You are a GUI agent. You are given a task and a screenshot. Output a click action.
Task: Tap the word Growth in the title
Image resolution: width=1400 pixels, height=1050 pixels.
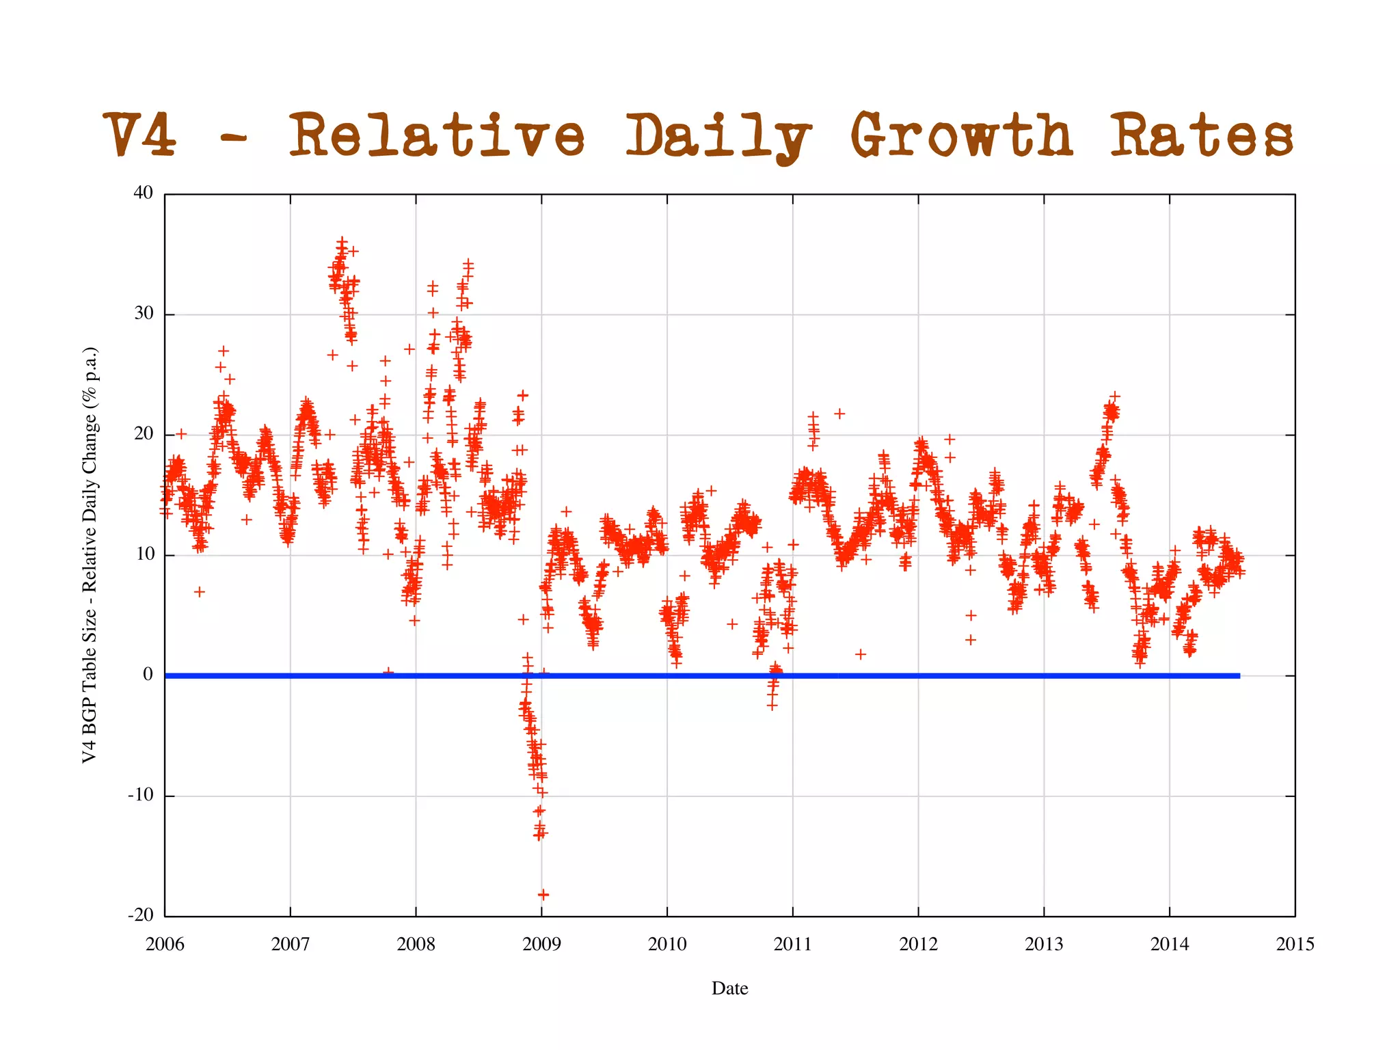[x=960, y=135]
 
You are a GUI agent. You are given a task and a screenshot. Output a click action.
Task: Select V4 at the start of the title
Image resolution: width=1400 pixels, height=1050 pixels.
[x=140, y=135]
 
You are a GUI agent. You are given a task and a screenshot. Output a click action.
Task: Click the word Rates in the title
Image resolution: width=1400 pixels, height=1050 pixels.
[x=1200, y=135]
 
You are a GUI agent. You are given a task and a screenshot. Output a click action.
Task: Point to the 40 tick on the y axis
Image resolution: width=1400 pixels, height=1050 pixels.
[x=144, y=193]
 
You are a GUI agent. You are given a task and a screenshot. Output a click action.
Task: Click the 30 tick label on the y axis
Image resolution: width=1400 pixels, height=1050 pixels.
[x=144, y=314]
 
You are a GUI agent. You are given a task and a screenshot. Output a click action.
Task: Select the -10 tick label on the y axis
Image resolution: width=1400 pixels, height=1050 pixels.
[x=141, y=795]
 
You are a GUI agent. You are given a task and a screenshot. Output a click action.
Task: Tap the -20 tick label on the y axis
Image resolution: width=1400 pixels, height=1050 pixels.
[x=141, y=915]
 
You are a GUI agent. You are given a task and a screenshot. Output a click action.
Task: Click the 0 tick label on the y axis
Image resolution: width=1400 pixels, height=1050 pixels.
[x=148, y=675]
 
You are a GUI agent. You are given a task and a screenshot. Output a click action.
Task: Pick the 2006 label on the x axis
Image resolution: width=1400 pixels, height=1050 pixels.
[x=165, y=945]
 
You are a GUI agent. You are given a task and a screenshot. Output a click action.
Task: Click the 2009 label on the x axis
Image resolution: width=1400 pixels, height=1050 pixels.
[x=541, y=945]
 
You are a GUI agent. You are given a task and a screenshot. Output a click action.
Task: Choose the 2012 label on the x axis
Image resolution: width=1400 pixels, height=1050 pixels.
[x=918, y=945]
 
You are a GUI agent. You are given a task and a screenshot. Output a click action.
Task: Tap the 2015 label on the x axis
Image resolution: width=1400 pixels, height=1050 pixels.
[x=1295, y=945]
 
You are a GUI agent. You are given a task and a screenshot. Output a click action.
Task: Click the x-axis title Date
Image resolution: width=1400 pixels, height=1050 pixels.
[x=729, y=988]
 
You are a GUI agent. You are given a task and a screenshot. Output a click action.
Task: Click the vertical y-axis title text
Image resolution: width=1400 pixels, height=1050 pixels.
[x=90, y=555]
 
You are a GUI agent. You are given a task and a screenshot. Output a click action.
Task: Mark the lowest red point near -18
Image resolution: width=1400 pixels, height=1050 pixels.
[x=543, y=894]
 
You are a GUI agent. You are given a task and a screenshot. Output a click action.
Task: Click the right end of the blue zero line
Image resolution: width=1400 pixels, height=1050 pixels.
[x=1238, y=675]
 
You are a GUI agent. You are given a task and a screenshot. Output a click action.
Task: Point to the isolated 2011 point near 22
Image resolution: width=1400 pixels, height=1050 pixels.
[x=839, y=414]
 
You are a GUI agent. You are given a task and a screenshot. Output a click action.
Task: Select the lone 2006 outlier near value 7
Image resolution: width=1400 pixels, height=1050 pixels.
[x=199, y=591]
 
